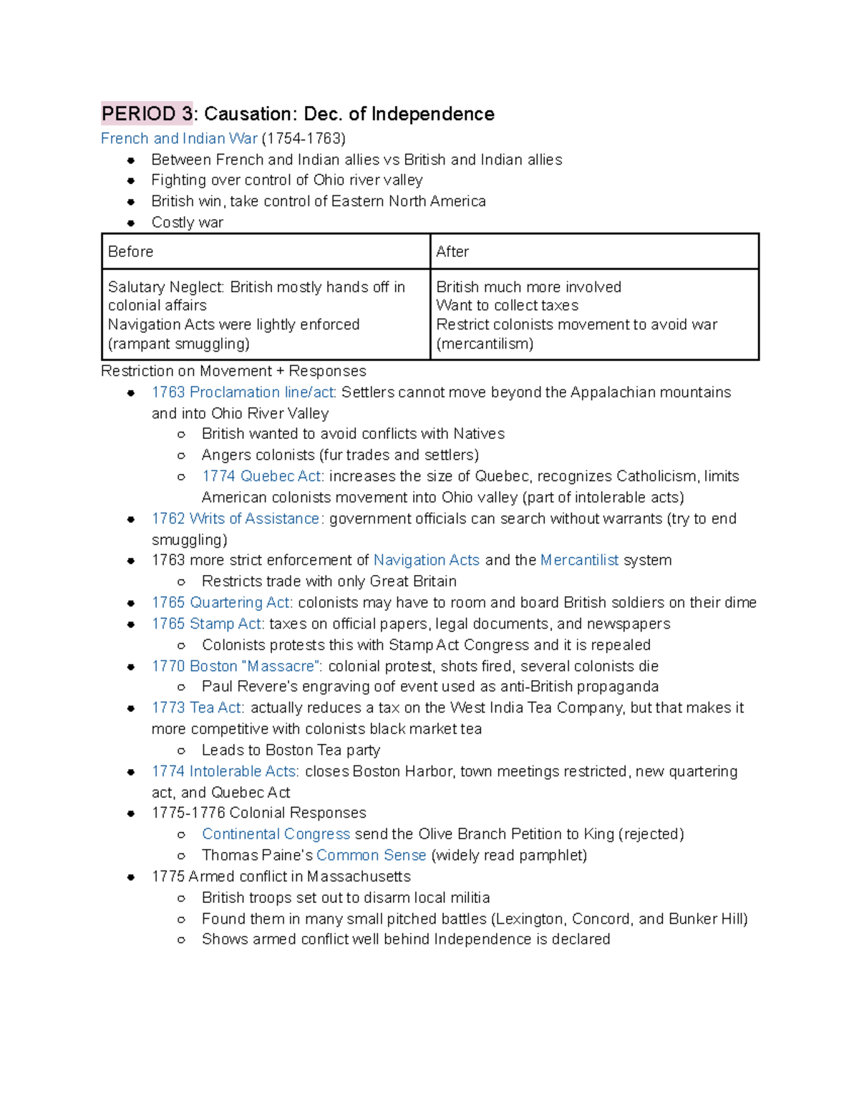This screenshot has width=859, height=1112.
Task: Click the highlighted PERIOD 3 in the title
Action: tap(147, 114)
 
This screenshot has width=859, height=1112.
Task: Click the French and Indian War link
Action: tap(179, 138)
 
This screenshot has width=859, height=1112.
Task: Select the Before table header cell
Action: tap(266, 251)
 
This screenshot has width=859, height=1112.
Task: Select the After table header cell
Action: tap(594, 251)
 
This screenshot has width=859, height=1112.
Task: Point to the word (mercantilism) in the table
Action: tap(485, 344)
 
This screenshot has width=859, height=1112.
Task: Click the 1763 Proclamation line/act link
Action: tap(243, 392)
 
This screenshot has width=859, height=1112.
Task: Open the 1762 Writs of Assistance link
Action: tap(237, 518)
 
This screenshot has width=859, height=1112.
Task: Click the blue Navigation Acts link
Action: tap(427, 560)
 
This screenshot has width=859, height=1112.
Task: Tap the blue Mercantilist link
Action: tap(579, 560)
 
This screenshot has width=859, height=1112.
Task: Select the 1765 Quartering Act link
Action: tap(221, 602)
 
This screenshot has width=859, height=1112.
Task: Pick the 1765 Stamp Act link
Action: tap(208, 624)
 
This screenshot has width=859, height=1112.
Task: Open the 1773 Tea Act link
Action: tap(198, 707)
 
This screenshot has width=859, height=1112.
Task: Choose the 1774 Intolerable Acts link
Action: tap(225, 771)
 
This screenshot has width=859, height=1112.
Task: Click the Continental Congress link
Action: tap(276, 834)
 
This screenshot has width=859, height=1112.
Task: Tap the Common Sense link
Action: tap(371, 855)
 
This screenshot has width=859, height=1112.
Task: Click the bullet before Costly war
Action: tap(131, 223)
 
